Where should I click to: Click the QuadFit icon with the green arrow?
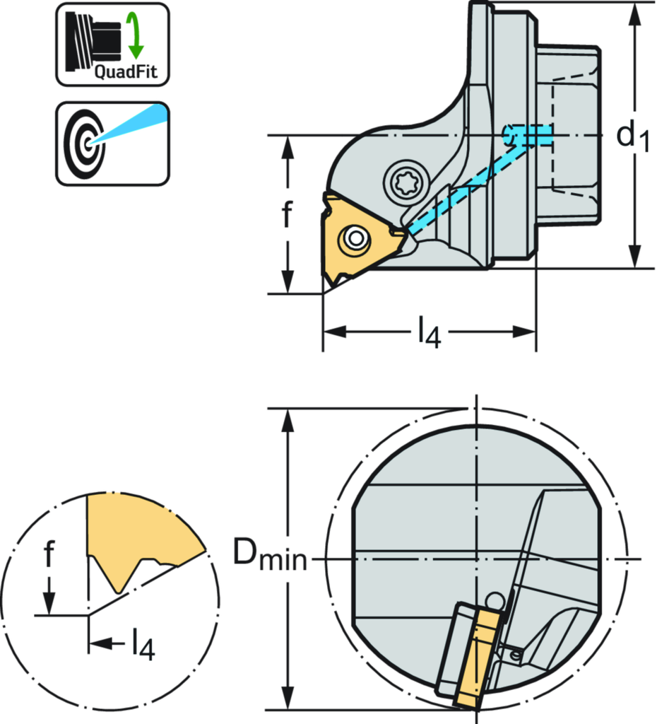pos(112,45)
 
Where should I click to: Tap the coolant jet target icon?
pos(112,144)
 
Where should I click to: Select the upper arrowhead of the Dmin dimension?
pos(287,420)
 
